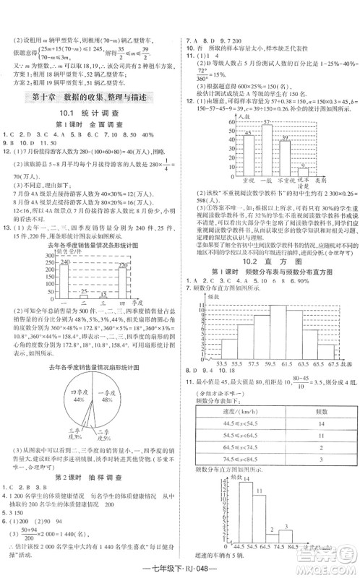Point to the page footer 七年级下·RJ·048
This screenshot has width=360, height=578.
pos(179,568)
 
